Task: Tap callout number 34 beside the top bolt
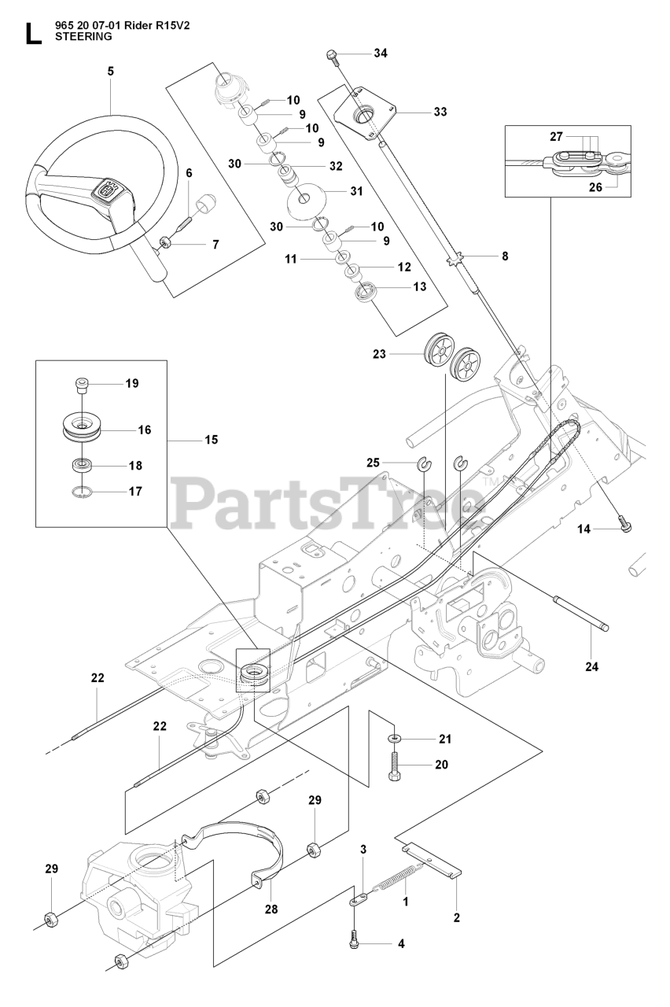click(x=381, y=53)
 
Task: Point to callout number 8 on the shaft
click(x=505, y=256)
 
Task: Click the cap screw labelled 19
click(x=82, y=384)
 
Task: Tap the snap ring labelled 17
click(x=80, y=492)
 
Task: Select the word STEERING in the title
click(x=83, y=36)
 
